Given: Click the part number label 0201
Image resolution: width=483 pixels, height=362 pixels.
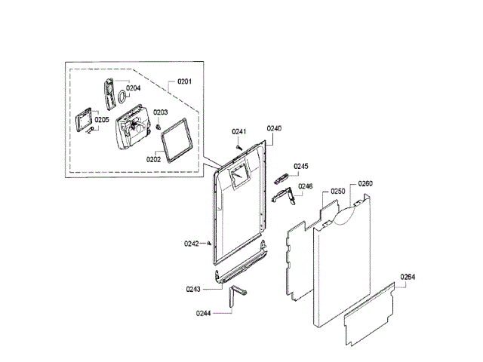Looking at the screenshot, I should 185,81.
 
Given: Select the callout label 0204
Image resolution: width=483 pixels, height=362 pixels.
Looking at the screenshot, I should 133,88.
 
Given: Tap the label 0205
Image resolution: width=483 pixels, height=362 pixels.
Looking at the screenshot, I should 101,119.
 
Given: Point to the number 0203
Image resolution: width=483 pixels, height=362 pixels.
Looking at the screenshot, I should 161,112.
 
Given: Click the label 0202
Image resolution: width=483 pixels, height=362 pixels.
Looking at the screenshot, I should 153,159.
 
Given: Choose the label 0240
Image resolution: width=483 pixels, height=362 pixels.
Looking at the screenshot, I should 274,129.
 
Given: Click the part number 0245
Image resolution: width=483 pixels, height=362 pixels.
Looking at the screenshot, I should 302,167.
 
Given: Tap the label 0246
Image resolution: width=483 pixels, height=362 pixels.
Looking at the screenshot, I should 305,186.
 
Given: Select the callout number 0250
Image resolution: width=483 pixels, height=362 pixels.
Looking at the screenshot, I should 337,192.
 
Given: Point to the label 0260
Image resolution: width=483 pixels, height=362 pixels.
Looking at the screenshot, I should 365,184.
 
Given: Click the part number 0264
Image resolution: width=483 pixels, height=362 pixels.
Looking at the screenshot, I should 408,277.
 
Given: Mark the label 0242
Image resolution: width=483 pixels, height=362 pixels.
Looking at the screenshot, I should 192,243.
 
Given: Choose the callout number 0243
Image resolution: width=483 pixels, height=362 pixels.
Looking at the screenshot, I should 193,289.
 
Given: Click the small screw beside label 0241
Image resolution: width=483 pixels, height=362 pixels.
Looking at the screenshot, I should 238,146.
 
